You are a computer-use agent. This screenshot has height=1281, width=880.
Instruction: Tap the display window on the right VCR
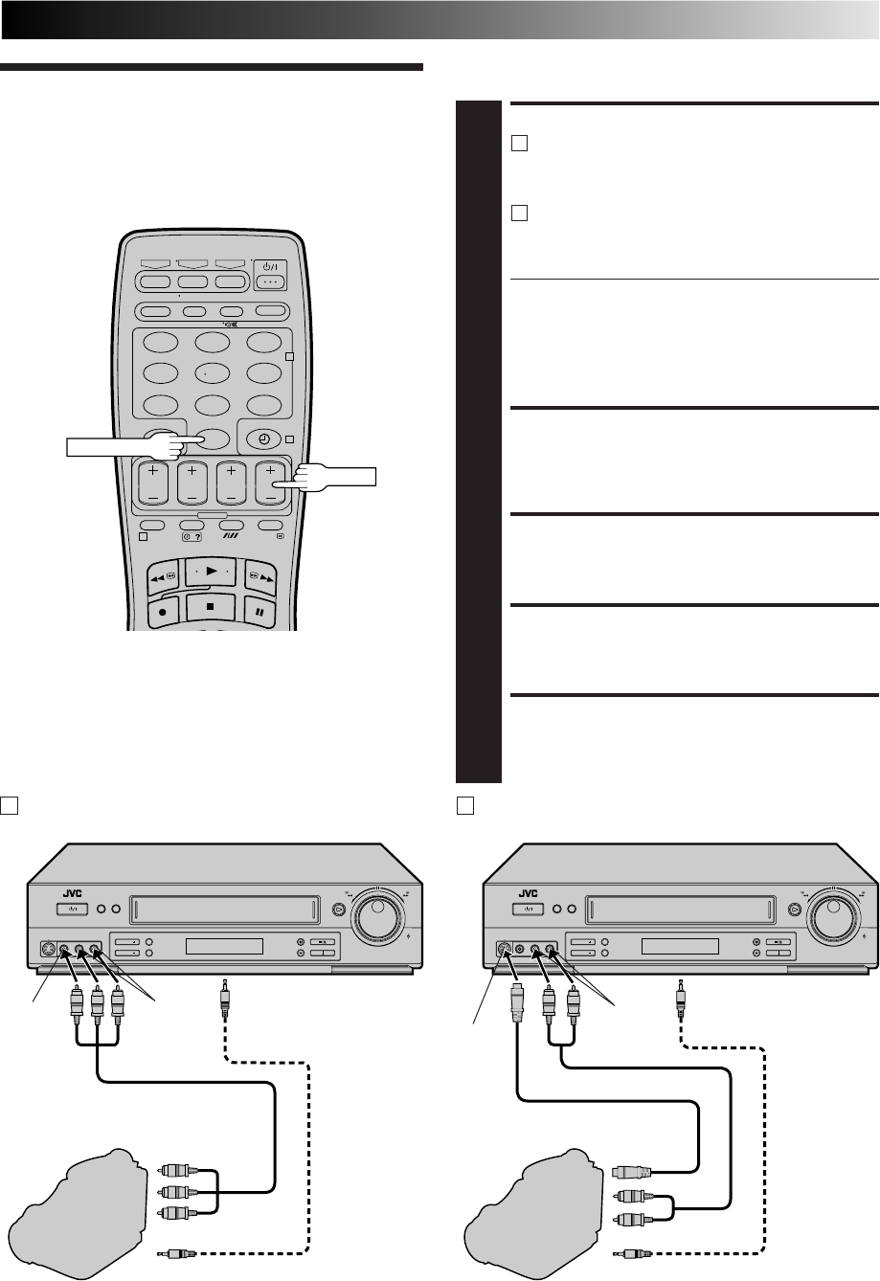680,947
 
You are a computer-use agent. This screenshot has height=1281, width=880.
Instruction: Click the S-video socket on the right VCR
504,951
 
